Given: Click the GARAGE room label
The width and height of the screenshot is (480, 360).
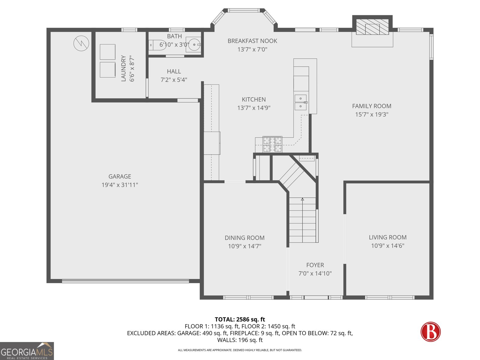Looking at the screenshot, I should [x=120, y=176].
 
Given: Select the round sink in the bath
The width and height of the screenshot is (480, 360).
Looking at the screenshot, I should [x=194, y=45].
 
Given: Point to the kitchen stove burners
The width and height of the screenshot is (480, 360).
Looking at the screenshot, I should [x=272, y=144].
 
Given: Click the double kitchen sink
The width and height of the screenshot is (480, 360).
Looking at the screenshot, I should [x=301, y=102].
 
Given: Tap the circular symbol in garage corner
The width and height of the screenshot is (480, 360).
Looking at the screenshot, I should [x=81, y=43].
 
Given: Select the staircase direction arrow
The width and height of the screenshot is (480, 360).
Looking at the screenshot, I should [x=302, y=199].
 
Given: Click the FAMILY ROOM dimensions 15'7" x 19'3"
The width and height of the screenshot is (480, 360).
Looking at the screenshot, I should [x=372, y=114].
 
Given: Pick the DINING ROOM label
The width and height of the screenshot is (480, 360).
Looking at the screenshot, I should [x=244, y=238].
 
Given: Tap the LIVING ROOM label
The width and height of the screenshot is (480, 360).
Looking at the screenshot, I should [x=388, y=237].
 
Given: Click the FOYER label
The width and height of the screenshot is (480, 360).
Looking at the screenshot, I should [x=315, y=265].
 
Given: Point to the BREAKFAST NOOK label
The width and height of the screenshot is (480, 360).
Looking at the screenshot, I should [x=252, y=41].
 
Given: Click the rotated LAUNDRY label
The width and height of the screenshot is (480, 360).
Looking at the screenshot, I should [x=123, y=68].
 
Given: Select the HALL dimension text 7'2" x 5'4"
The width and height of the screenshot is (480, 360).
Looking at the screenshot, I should [x=174, y=80].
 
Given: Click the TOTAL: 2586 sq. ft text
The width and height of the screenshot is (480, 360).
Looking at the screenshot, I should [x=240, y=319].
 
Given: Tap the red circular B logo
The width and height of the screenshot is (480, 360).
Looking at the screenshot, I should [x=430, y=332].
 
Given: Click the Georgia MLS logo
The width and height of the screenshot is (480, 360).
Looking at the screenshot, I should [x=27, y=351].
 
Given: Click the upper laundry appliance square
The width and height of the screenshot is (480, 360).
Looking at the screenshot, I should [x=107, y=52].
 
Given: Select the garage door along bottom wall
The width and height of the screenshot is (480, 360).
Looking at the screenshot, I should [x=125, y=281].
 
